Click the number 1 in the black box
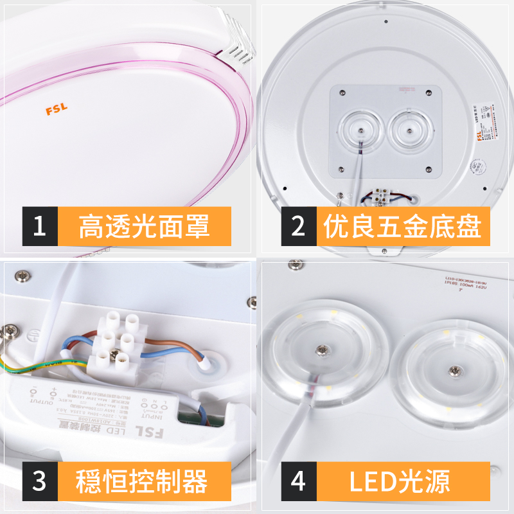pyautogui.click(x=40, y=226)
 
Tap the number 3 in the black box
pyautogui.click(x=40, y=481)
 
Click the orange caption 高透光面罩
pyautogui.click(x=145, y=226)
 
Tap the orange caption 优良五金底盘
pyautogui.click(x=402, y=226)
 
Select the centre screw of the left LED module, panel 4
pyautogui.click(x=321, y=350)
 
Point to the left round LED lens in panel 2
pyautogui.click(x=360, y=130)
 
